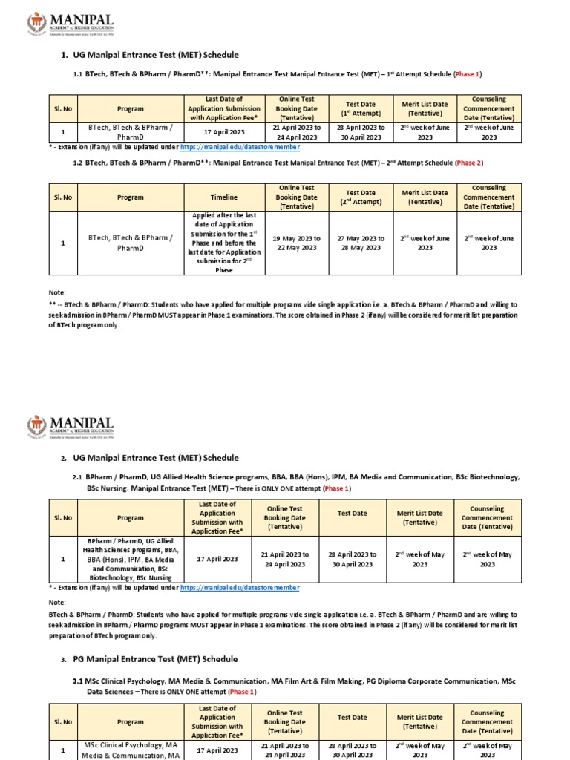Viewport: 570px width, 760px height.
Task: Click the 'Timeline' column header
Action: (223, 197)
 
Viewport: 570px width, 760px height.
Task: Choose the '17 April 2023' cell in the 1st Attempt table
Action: (223, 132)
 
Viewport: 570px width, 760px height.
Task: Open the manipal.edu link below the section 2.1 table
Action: (240, 587)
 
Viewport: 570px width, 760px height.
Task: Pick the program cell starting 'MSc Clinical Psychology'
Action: (131, 749)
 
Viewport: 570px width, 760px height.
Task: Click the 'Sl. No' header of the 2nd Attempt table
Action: (62, 197)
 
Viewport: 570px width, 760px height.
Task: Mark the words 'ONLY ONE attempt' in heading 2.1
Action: (286, 489)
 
